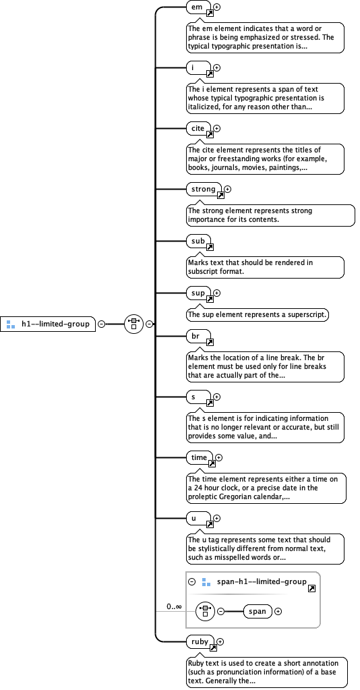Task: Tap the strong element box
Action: pos(204,190)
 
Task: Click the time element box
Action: pos(200,457)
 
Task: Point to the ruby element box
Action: pos(200,641)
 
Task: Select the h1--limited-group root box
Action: pos(49,324)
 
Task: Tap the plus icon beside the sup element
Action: pos(217,293)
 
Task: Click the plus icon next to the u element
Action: pos(217,519)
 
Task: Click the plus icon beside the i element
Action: pos(217,67)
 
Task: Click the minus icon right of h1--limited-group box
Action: pos(102,324)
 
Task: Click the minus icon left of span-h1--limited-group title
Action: pos(192,581)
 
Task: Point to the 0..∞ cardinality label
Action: pos(175,606)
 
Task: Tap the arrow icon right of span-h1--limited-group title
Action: pos(311,589)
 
